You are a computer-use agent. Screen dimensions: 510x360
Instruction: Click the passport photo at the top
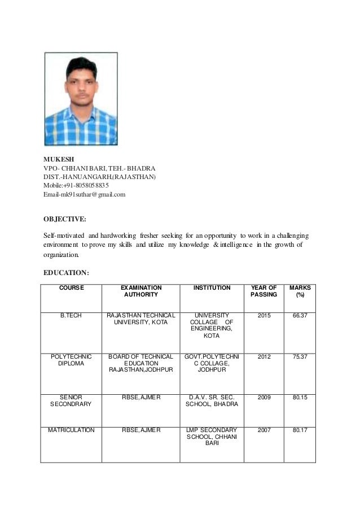[81, 99]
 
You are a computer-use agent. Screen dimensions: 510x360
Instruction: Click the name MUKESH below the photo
[58, 160]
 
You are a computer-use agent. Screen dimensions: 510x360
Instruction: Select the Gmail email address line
[85, 194]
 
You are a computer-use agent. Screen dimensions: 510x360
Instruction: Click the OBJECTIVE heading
[65, 219]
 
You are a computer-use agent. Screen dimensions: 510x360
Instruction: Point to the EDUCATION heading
[66, 273]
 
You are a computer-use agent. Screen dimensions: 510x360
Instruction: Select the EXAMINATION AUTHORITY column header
[141, 291]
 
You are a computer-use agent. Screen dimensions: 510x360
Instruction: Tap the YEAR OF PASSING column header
[264, 291]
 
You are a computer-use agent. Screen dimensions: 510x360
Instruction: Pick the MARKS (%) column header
[300, 291]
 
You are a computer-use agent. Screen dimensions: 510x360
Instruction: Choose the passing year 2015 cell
[264, 315]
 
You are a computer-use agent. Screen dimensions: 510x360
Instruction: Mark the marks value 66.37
[300, 315]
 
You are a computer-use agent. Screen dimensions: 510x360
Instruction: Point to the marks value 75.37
[300, 356]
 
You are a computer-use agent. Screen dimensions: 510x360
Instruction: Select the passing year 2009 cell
[264, 397]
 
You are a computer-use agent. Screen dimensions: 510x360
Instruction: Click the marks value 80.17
[300, 430]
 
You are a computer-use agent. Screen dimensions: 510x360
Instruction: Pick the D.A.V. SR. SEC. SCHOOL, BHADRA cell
[212, 401]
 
